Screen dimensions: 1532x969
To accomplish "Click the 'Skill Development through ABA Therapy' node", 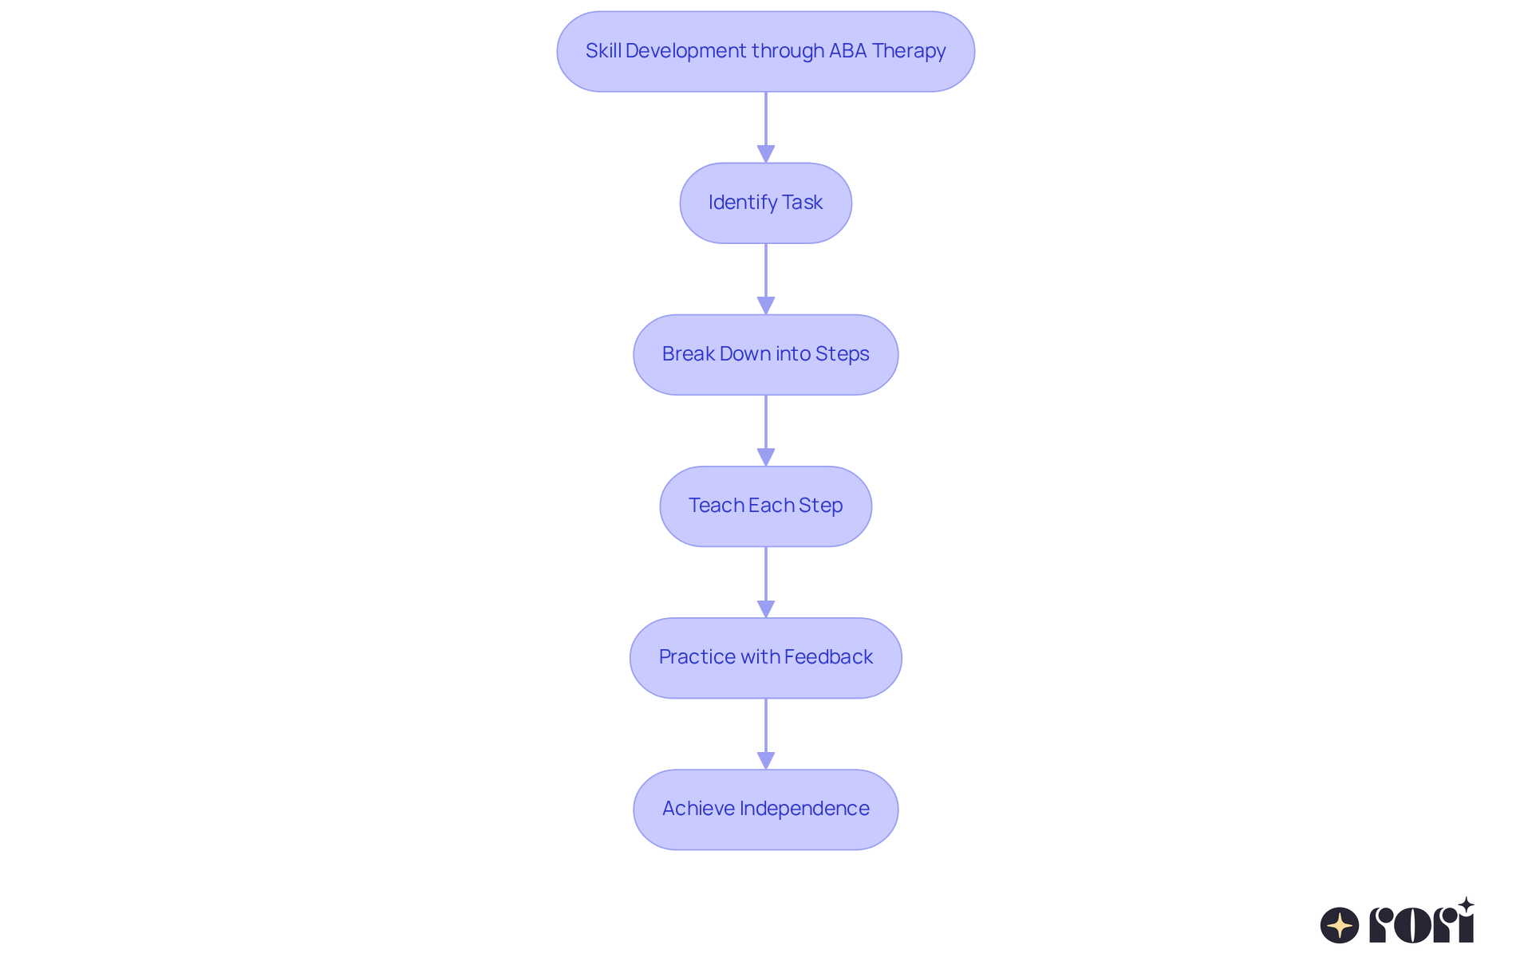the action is coord(765,51).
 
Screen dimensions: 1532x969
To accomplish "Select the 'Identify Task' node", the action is coord(765,203).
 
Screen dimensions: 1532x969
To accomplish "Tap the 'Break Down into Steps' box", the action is coord(765,354).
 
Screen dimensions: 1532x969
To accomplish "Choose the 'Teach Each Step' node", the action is coord(765,506).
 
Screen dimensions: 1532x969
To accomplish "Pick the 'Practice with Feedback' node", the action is coord(765,657).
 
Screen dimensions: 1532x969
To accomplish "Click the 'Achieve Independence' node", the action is coord(765,809).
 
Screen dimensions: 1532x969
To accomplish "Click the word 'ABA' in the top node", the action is coord(847,51).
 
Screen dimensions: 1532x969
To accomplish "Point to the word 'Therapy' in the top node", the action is coord(909,51).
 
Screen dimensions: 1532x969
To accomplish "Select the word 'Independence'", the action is coord(804,809).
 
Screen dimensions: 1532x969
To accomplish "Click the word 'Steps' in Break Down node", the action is coord(843,354).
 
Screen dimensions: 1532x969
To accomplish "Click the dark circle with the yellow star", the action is coord(1340,925).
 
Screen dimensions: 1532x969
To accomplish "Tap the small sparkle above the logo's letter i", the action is coord(1466,905).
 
